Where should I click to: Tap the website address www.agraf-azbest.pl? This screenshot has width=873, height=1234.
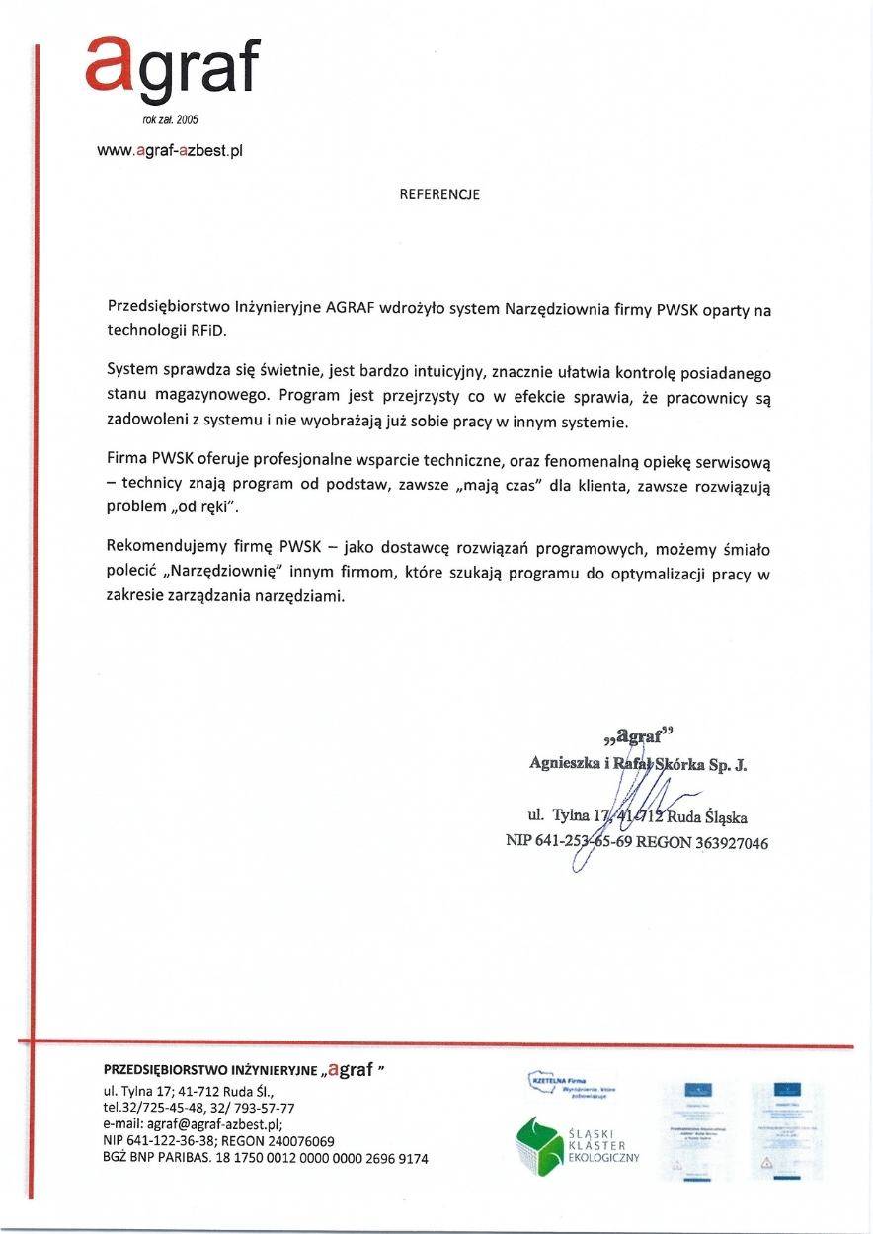(170, 151)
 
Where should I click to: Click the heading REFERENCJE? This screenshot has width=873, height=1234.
(439, 194)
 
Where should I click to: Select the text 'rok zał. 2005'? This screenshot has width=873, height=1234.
(171, 119)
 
